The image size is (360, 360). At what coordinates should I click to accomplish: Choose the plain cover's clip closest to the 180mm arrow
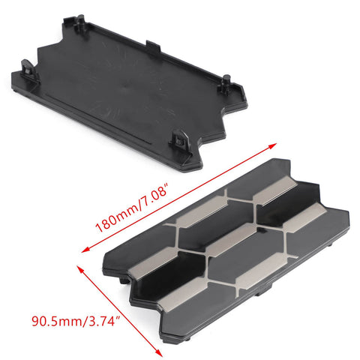click(181, 139)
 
